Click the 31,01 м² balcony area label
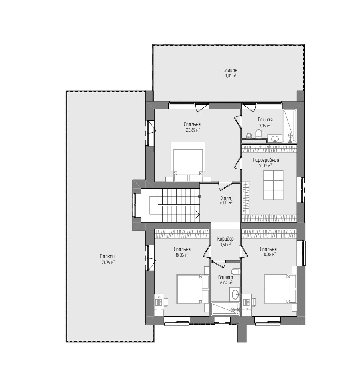point(229,76)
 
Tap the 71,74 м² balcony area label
point(108,262)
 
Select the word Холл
point(226,198)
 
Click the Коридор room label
point(225,239)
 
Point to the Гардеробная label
point(266,160)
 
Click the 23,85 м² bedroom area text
point(193,130)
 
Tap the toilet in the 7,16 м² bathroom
point(258,134)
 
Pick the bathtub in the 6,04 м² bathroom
point(225,309)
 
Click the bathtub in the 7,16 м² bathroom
point(290,126)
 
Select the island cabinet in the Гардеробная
point(273,185)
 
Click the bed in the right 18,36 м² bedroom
point(280,288)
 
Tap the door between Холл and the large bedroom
point(225,186)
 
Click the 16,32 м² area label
point(265,165)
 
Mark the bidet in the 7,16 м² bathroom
point(249,136)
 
